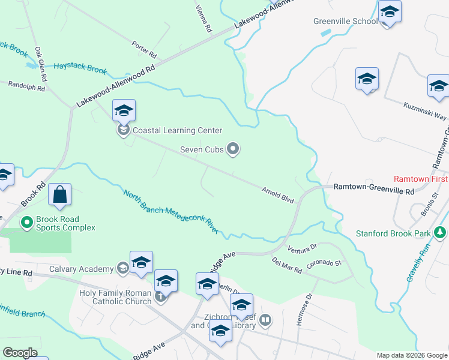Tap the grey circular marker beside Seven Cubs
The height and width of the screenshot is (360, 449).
point(234,149)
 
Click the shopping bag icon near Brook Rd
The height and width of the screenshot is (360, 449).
point(60,195)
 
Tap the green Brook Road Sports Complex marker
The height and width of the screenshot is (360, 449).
point(26,223)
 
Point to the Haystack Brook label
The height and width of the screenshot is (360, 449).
point(80,68)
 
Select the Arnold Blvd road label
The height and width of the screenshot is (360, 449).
point(277,195)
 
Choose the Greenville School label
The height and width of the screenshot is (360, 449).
point(345,22)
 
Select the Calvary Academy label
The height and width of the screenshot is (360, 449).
point(81,269)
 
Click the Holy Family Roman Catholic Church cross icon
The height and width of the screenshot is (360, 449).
point(160,296)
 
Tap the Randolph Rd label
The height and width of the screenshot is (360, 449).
point(26,86)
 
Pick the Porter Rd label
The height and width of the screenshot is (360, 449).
point(145,45)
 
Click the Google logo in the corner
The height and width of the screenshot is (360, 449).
point(19,353)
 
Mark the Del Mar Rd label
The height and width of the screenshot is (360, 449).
point(286,265)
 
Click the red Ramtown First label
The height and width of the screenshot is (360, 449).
point(421,179)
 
